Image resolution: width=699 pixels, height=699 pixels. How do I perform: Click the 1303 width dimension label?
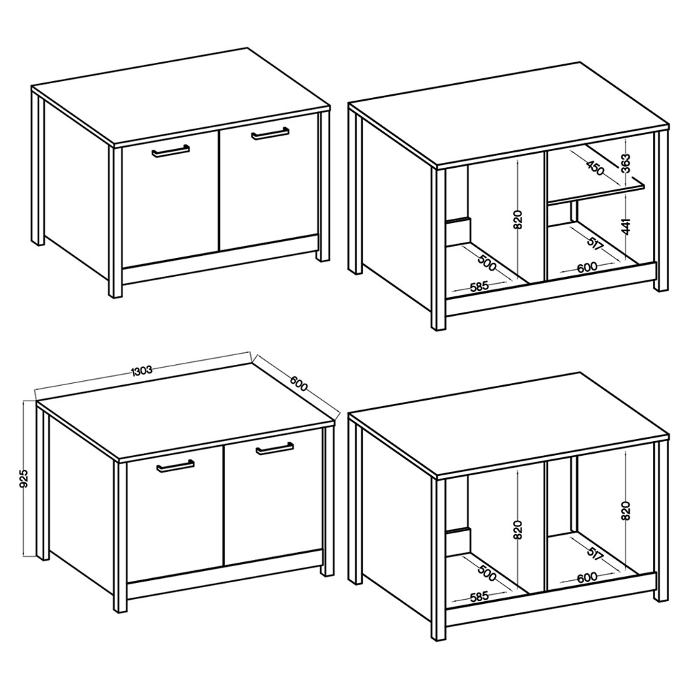pos(142,370)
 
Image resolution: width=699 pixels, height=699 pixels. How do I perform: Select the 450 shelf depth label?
pos(595,167)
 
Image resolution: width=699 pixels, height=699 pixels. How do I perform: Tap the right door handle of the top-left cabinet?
pos(270,134)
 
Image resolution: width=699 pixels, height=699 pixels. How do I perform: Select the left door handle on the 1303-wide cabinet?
pos(175,466)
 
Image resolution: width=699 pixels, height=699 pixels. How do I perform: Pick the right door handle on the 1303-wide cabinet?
pos(275,449)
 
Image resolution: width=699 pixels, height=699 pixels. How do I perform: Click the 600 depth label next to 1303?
pos(298,383)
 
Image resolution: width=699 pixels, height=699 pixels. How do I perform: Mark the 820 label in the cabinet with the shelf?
pos(517,219)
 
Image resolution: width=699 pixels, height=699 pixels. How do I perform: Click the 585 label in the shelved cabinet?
pos(480,287)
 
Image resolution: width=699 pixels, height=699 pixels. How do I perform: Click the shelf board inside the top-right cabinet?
pos(596,194)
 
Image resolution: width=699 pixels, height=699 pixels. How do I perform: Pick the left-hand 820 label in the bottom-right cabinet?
pos(517,531)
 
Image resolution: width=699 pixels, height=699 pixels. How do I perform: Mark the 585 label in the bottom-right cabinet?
pos(480,597)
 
